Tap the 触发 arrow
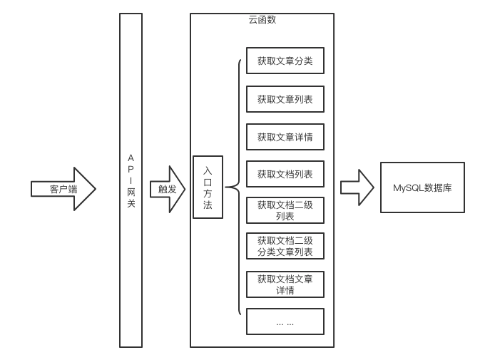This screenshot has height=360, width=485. point(167,189)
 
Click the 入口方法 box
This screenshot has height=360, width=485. point(208,187)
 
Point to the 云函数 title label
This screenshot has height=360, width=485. point(262,20)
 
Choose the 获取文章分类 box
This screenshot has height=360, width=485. point(285,61)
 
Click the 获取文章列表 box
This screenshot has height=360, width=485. point(285,99)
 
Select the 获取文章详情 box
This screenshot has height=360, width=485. point(285,136)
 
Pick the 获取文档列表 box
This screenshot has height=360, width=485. point(285,174)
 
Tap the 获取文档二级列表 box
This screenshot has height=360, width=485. point(285,210)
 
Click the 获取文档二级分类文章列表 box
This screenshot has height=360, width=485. point(285,247)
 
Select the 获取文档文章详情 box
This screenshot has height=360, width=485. point(285,284)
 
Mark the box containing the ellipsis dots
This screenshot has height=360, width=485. point(285,322)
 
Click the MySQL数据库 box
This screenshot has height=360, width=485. point(422,187)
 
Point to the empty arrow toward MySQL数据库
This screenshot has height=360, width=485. point(357,187)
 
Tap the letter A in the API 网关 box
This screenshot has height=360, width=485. point(131,157)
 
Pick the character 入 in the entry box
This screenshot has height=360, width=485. point(208,171)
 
